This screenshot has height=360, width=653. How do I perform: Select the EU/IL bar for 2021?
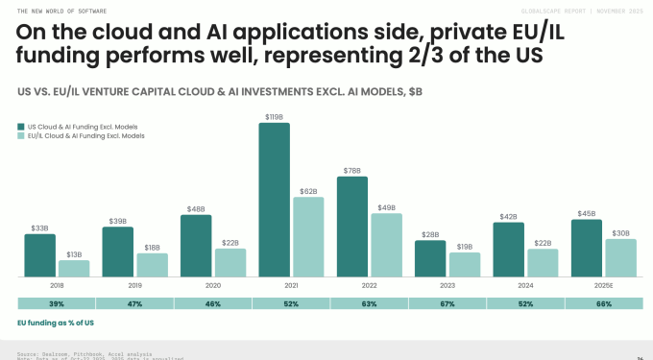coord(308,237)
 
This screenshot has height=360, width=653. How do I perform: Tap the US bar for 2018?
coord(40,255)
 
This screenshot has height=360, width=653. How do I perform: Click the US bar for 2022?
coord(352,227)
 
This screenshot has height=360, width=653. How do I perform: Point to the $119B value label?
coord(274,117)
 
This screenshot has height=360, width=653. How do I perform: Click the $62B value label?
coord(308,192)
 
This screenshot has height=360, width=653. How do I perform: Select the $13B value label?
coord(74,254)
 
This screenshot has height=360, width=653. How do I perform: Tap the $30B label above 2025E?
coord(621,233)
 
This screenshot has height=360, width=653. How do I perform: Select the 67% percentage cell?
coord(447,303)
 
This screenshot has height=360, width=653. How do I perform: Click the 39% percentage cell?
coord(56,303)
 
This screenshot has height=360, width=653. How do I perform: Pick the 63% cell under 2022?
coord(369,303)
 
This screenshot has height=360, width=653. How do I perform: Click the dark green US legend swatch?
coord(20,126)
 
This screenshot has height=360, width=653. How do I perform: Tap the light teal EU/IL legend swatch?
coord(20,136)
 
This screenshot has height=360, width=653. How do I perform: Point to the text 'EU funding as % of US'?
coord(56,323)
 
